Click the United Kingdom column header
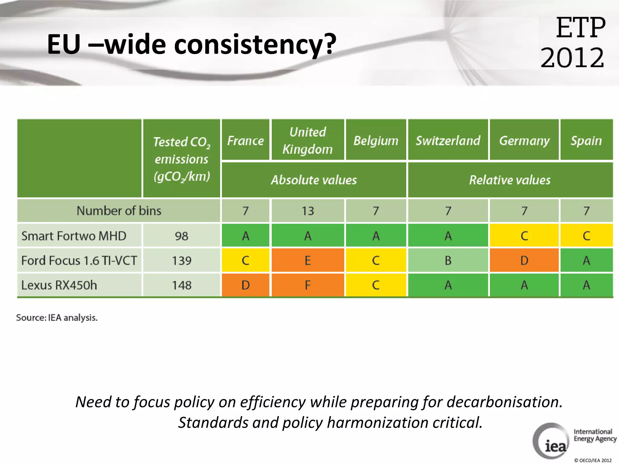pos(308,140)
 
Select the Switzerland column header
pos(448,140)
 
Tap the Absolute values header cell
pos(314,180)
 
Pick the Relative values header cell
pos(510,180)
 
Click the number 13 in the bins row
pos(308,211)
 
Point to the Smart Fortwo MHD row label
pos(74,236)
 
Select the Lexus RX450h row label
pos(59,285)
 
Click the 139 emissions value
pos(182,260)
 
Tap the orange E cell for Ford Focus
pos(308,260)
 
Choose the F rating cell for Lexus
pos(308,285)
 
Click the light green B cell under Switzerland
pos(448,260)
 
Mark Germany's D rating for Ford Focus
pos(524,260)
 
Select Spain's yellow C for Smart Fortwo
pos(586,236)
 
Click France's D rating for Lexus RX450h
pos(245,285)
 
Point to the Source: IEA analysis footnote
pos(57,318)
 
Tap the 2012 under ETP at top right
pos(572,57)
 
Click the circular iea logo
pos(551,441)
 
